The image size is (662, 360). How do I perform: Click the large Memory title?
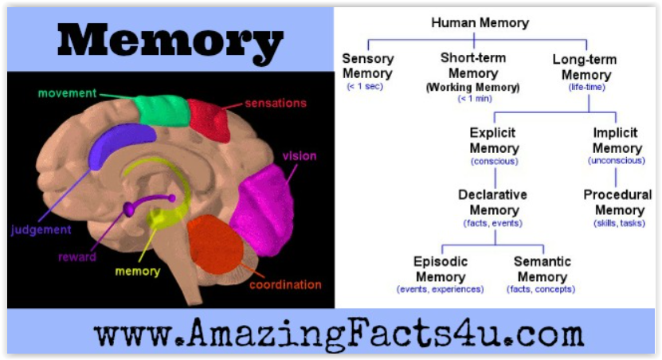170,41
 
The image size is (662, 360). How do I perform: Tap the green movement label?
67,93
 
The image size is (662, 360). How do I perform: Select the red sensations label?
276,103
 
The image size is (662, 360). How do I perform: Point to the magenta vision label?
300,156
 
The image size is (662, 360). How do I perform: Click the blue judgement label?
41,230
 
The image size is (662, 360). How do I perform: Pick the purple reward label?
77,257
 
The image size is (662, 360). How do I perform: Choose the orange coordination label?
285,285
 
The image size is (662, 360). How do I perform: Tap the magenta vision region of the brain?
263,209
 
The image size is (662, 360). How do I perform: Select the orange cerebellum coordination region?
215,244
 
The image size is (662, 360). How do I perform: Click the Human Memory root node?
480,23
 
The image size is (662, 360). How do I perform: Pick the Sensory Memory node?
367,66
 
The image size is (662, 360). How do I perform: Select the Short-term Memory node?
473,72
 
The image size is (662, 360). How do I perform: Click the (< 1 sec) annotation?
365,87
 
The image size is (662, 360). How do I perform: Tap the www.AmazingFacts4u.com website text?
339,333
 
